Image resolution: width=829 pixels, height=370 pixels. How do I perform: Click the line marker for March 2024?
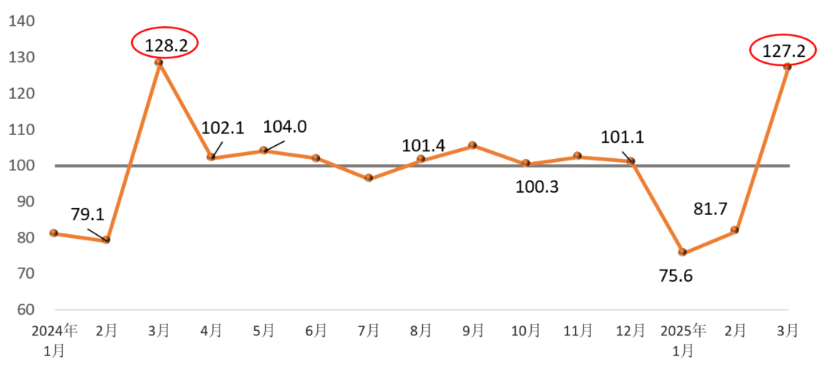point(159,62)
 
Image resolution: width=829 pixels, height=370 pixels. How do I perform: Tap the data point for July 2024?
point(368,178)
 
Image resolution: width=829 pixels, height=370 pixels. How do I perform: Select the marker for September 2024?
point(473,145)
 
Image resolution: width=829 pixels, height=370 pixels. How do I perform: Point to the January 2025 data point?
point(682,253)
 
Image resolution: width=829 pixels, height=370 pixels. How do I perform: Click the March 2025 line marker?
point(788,67)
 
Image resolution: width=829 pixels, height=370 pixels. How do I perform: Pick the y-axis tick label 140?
point(21,21)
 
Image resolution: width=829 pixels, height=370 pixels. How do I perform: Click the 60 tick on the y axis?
point(25,309)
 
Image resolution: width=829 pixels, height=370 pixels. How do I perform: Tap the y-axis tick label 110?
point(21,130)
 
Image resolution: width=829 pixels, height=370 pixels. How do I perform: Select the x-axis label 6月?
point(315,331)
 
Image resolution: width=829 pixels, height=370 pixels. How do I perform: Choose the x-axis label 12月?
point(629,331)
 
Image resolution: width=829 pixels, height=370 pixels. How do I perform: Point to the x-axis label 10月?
point(525,331)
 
